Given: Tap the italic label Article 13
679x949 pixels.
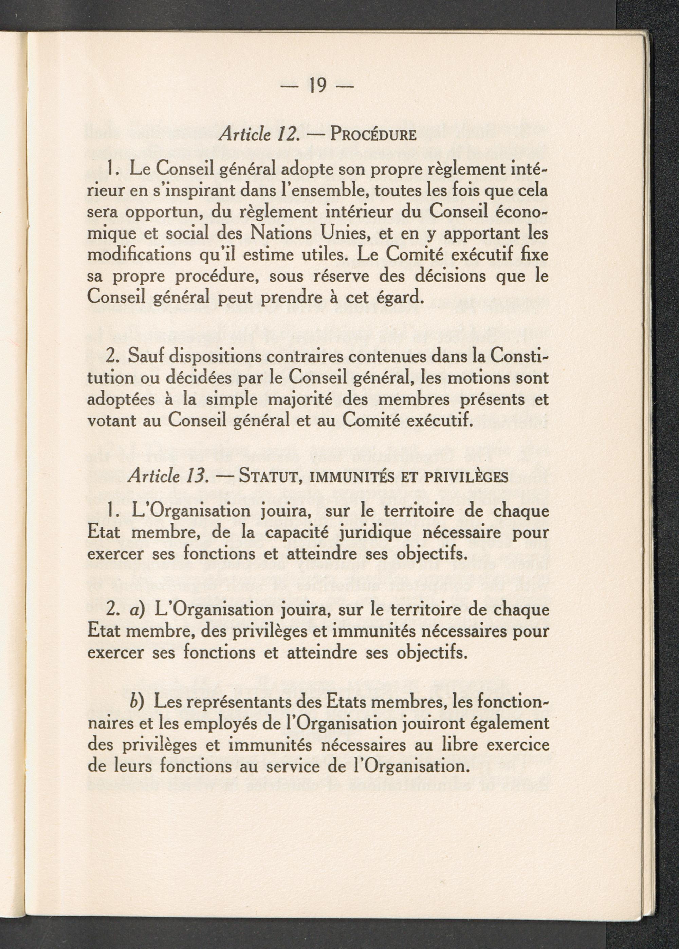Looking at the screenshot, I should point(168,476).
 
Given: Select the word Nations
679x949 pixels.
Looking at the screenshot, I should point(280,233).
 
